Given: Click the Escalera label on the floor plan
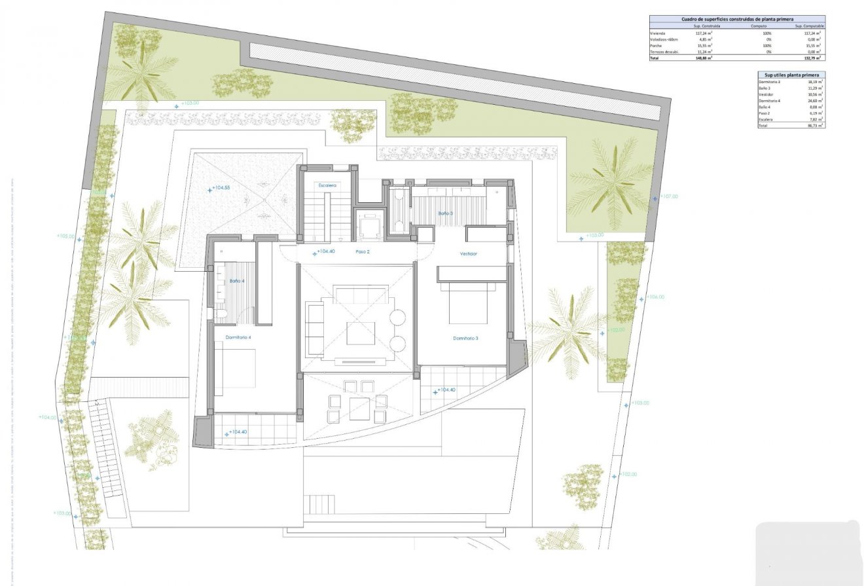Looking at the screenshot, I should pos(327,185).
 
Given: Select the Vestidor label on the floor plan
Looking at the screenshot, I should pos(469,253).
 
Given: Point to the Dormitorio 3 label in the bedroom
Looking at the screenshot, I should pos(465,339).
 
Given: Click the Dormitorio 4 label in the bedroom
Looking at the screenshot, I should pos(238,337).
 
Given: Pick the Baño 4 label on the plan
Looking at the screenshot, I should pos(236,281).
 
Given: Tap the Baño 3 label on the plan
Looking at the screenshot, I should pos(445,213).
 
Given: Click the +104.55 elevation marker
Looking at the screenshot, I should pos(220,188).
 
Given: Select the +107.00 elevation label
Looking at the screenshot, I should pos(668,196).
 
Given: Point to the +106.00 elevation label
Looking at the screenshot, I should pos(655,297).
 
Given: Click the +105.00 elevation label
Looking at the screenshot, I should pos(65,236).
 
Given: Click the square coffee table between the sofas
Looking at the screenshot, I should pos(361,333).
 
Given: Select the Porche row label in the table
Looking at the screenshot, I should pos(656,45).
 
